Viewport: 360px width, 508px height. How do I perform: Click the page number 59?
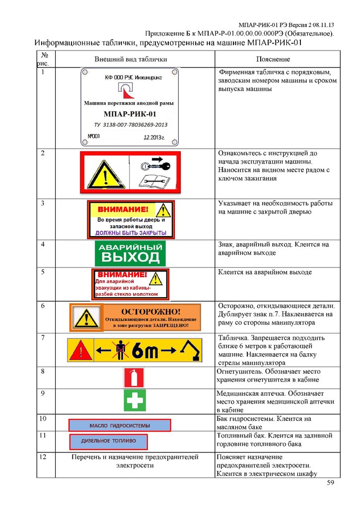pyautogui.click(x=331, y=484)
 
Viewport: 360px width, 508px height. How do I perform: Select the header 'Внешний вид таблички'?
pyautogui.click(x=131, y=60)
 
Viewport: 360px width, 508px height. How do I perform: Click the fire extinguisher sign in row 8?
pyautogui.click(x=134, y=378)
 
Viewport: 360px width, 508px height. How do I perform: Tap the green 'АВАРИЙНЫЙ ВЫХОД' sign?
pyautogui.click(x=130, y=253)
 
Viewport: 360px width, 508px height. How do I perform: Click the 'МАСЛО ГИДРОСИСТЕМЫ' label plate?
pyautogui.click(x=119, y=425)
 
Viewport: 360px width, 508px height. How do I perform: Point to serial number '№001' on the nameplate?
pyautogui.click(x=94, y=135)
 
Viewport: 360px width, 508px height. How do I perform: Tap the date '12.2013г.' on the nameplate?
pyautogui.click(x=154, y=137)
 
